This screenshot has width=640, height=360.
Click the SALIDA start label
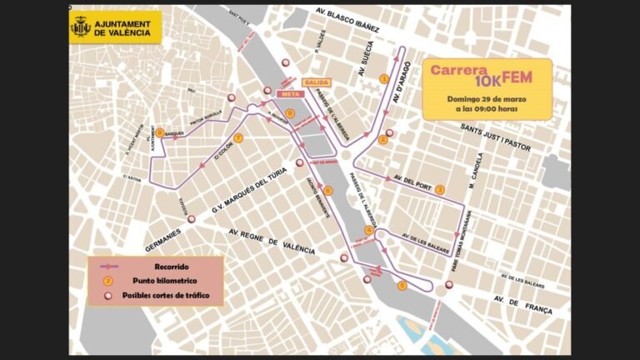click(318, 82)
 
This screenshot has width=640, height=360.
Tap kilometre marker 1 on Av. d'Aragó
click(384, 78)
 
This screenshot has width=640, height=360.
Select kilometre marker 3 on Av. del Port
click(440, 190)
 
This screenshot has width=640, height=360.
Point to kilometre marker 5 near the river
click(402, 286)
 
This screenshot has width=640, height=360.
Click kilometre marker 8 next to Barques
click(159, 132)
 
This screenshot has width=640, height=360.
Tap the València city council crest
click(81, 26)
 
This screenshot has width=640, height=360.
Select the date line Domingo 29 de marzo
click(487, 98)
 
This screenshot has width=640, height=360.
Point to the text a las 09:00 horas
click(487, 109)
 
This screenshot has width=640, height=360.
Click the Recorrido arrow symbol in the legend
click(108, 267)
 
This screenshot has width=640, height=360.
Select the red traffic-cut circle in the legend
click(108, 295)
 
